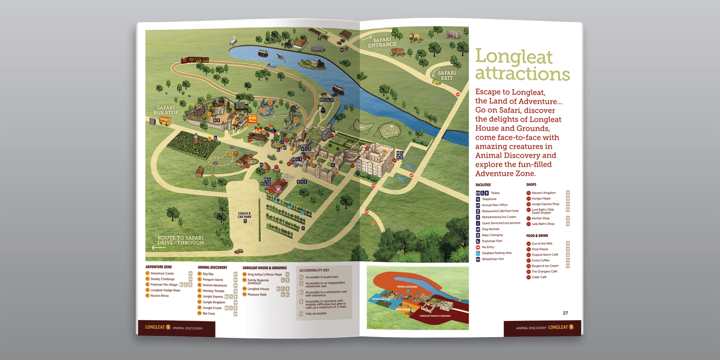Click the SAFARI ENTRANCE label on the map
(x=382, y=42)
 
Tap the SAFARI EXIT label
(x=447, y=75)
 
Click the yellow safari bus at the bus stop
(x=165, y=121)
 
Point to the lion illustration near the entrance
(x=415, y=37)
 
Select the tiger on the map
(x=397, y=52)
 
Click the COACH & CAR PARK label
(x=244, y=215)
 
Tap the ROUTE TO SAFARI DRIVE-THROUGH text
(x=180, y=240)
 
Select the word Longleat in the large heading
(x=514, y=57)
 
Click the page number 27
(x=565, y=313)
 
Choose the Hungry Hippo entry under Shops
(x=541, y=198)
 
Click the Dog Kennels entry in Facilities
(x=490, y=229)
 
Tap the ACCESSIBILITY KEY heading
(x=314, y=270)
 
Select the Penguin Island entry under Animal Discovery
(x=213, y=279)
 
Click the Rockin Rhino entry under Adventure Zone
(x=159, y=295)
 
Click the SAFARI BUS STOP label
(x=166, y=110)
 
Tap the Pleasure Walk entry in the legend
(x=257, y=294)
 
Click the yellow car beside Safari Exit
(x=436, y=82)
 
